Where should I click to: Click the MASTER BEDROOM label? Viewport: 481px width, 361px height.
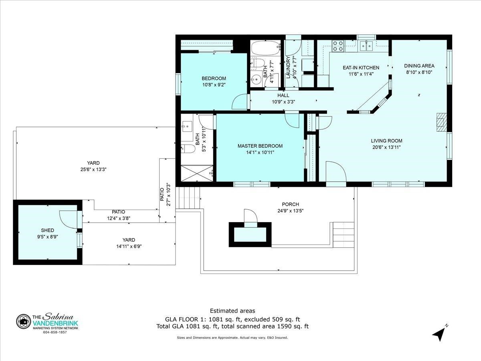click(260, 146)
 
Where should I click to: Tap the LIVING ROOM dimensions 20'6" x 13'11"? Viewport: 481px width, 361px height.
click(386, 147)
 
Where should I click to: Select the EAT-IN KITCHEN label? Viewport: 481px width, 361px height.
click(361, 67)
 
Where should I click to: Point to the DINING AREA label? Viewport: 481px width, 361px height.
click(419, 65)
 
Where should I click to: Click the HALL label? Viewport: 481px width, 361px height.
click(283, 95)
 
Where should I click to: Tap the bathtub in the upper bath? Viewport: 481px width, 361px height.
click(266, 48)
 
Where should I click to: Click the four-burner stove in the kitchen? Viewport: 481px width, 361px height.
click(338, 46)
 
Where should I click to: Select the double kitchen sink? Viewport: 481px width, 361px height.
click(366, 46)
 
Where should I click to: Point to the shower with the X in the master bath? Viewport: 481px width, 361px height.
click(197, 173)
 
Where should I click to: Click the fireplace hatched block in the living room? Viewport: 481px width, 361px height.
click(441, 122)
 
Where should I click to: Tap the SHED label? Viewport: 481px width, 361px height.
click(48, 230)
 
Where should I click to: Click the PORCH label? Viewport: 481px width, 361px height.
click(290, 204)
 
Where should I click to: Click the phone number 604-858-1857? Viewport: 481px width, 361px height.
click(55, 332)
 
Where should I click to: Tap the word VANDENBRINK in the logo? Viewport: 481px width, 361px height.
click(55, 324)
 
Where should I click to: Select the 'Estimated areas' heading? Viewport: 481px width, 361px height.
click(232, 311)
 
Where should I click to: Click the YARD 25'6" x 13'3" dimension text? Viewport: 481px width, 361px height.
click(93, 169)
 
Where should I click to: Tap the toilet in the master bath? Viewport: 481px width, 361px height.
click(188, 149)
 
